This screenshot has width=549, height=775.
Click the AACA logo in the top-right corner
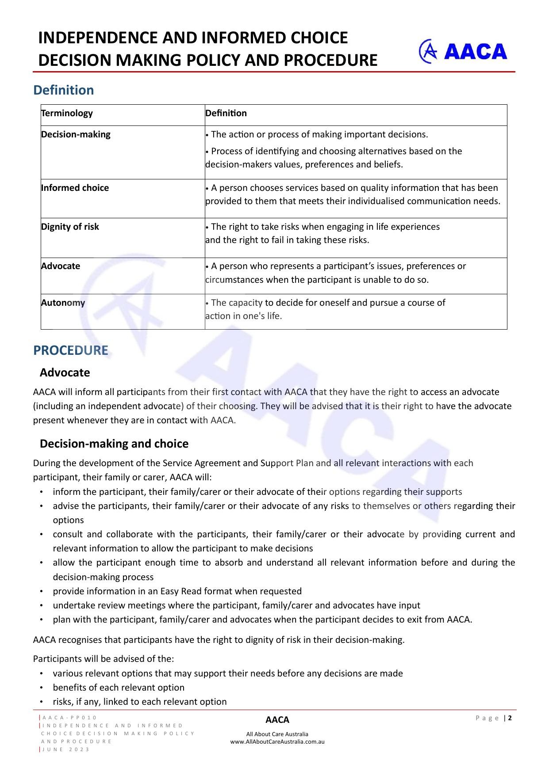point(463,51)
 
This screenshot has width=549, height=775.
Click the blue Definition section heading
point(64,90)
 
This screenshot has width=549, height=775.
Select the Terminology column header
point(67,113)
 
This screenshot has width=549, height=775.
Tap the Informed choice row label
point(75,188)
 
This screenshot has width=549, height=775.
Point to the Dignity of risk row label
point(70,227)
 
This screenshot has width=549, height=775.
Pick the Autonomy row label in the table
point(63,303)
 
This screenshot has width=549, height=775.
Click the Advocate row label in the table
point(61,266)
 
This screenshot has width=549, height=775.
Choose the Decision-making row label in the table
point(76,134)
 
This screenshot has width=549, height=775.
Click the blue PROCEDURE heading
point(71,350)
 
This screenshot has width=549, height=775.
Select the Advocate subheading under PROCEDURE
point(65,372)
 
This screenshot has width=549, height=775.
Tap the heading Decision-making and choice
point(114,444)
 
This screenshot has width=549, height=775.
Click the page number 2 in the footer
point(510,718)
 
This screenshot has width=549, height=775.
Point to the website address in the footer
point(277,742)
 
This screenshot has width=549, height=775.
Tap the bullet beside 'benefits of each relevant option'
point(41,688)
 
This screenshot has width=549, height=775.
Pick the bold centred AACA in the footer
point(277,720)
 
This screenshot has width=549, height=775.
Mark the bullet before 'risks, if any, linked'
point(41,702)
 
